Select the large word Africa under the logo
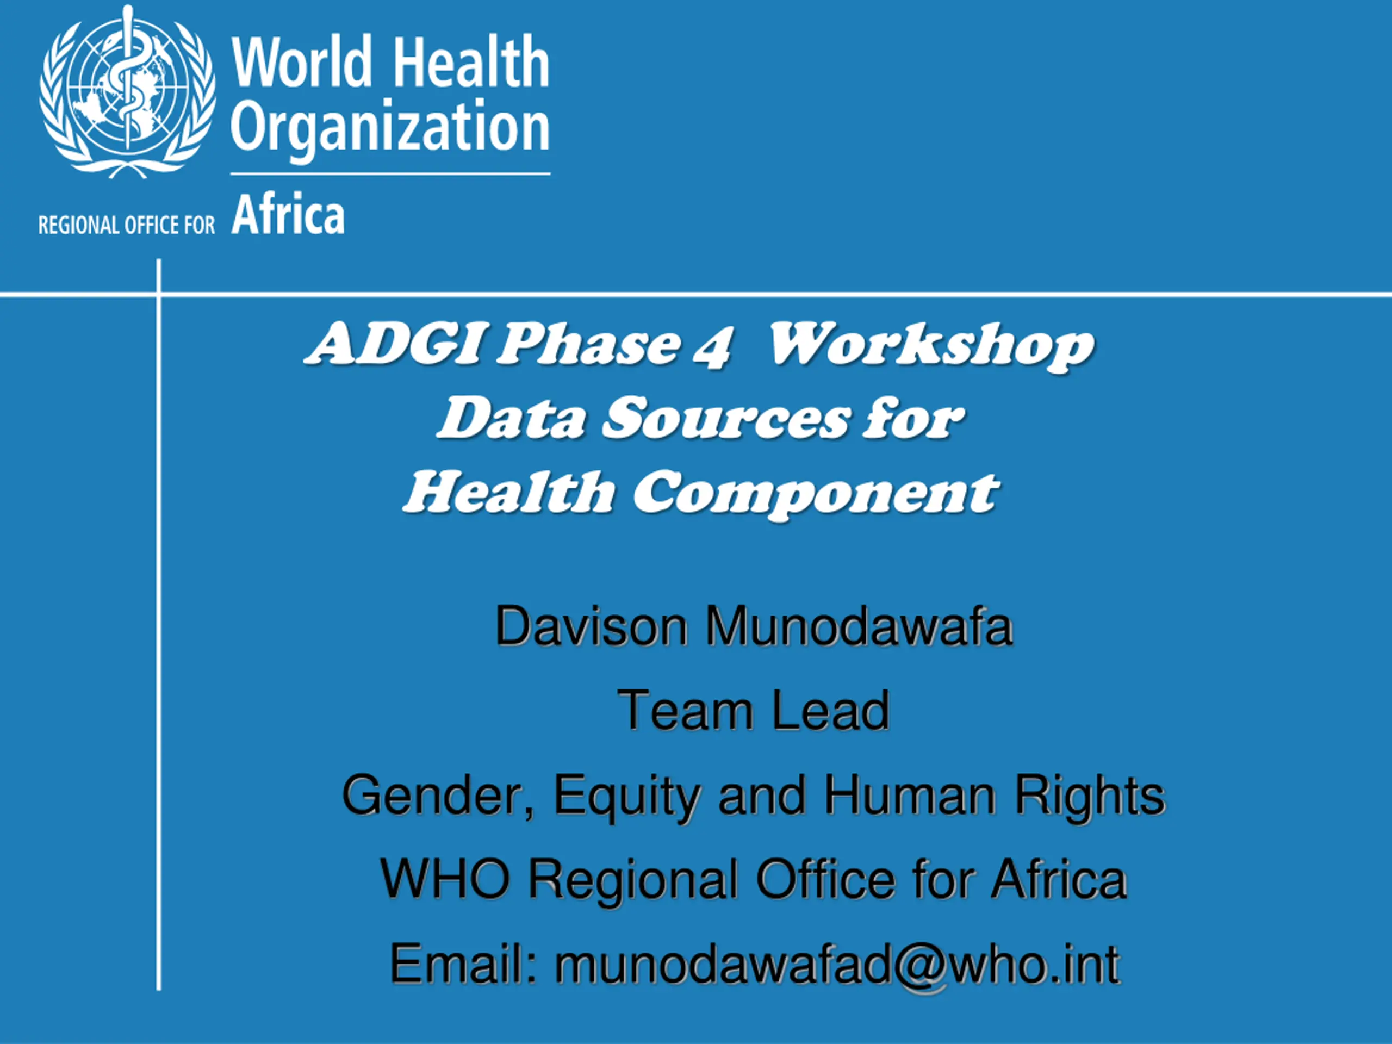[x=288, y=214]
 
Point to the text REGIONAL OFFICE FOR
[x=127, y=225]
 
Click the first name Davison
[x=592, y=626]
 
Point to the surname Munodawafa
[x=859, y=626]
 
